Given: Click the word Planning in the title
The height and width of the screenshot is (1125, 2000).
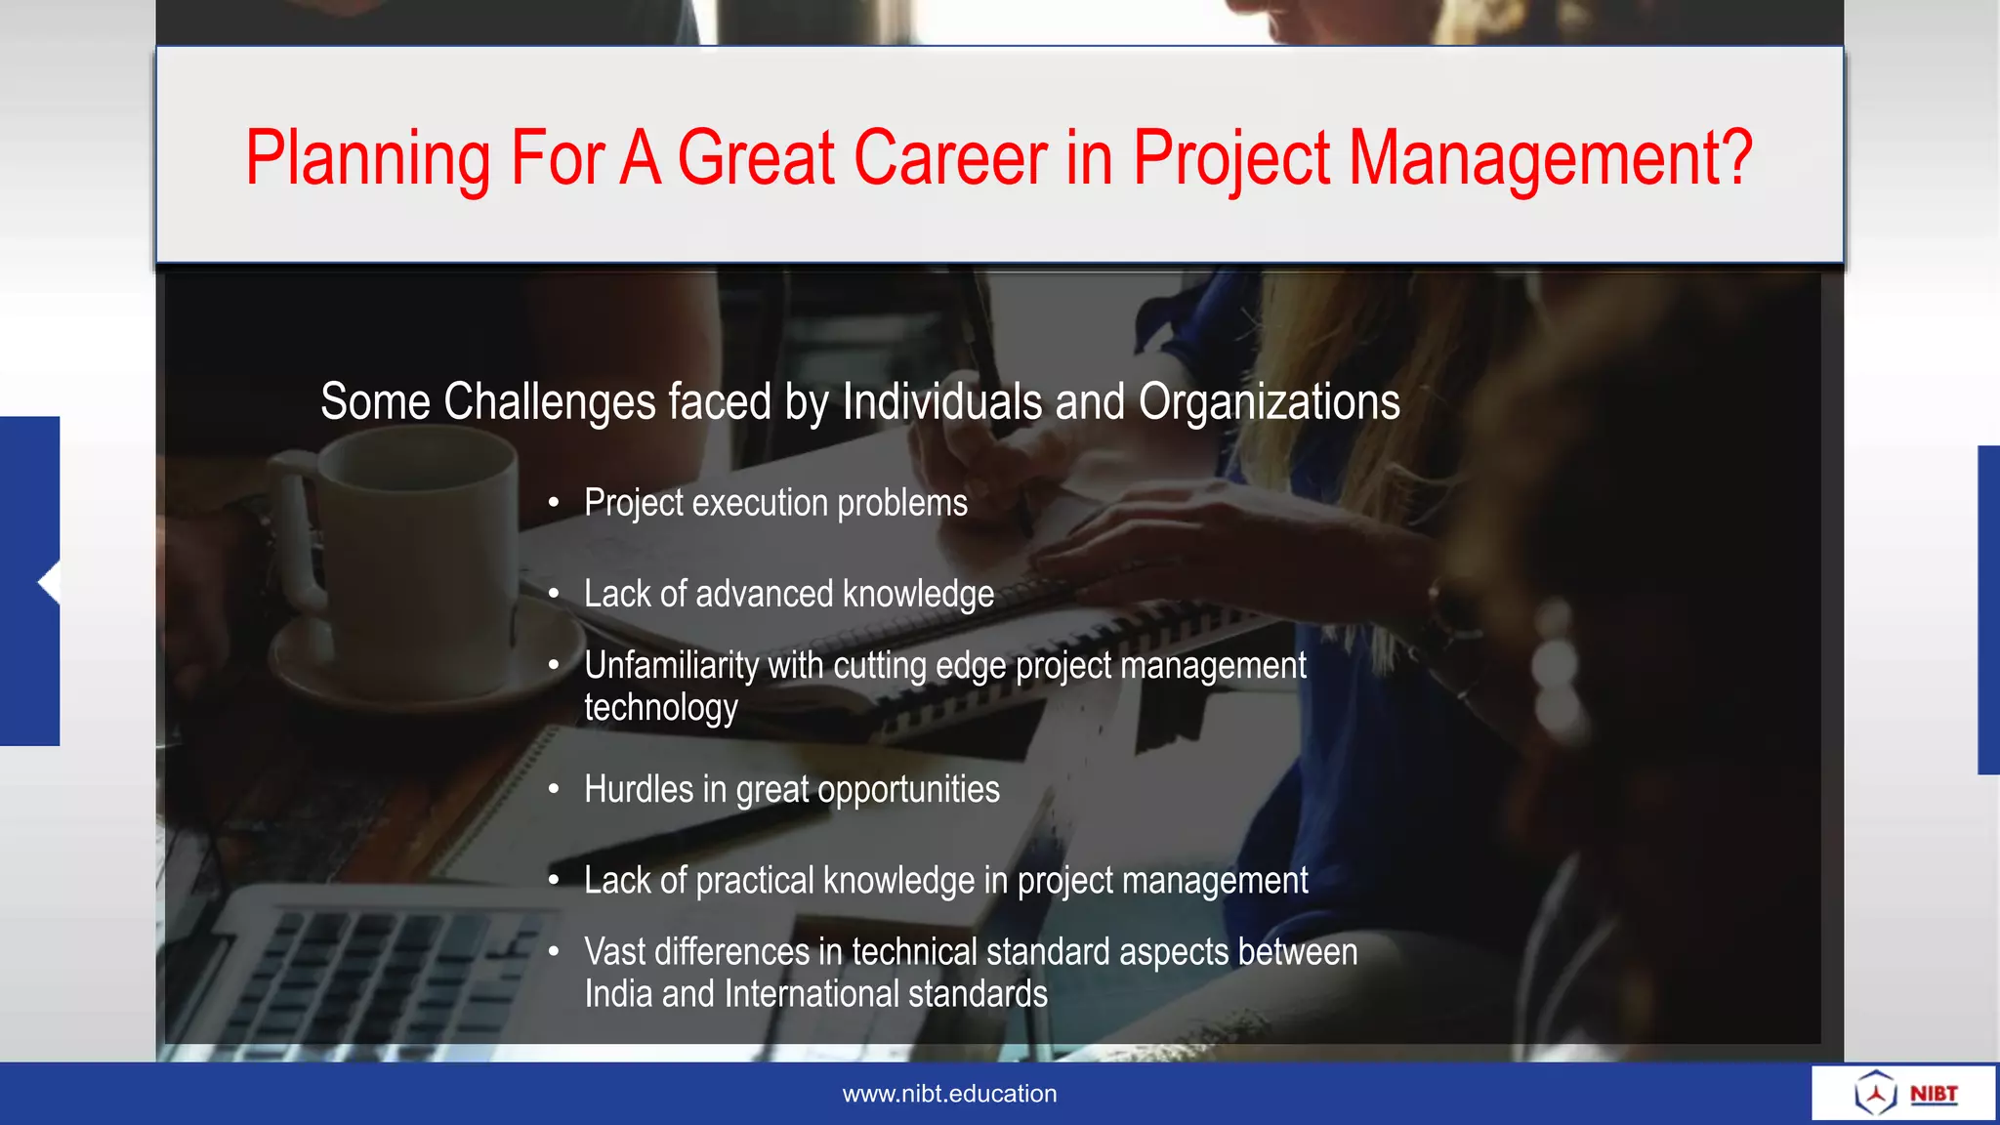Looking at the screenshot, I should point(367,158).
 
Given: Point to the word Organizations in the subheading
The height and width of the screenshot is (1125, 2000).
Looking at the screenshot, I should point(1269,402).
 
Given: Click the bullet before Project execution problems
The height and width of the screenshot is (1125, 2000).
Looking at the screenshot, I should point(554,504).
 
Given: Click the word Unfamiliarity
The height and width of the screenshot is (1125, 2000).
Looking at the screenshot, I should point(671,666).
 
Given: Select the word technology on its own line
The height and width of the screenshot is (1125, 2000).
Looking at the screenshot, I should point(661,708).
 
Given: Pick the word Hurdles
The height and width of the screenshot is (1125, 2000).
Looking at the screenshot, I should point(638,789).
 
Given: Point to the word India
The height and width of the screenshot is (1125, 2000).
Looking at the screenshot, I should point(617,994).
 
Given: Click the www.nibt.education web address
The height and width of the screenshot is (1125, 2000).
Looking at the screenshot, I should point(949,1094).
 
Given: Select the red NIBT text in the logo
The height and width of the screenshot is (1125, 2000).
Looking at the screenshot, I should point(1934,1094).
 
